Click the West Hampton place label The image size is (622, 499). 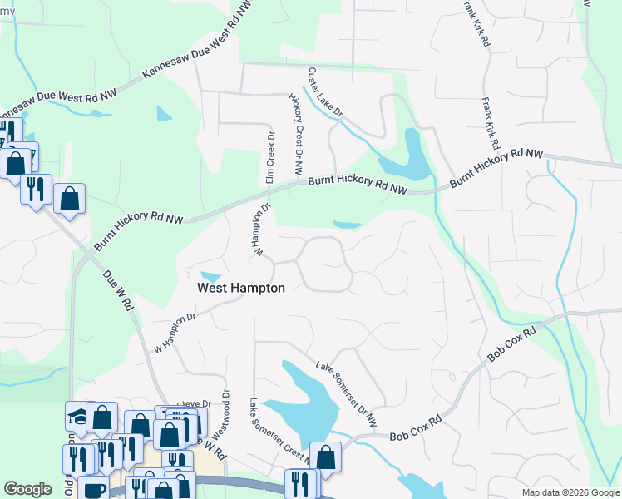point(241,288)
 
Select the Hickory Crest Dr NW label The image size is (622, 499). point(295,135)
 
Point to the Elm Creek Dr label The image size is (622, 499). point(269,157)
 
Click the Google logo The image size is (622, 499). point(27,489)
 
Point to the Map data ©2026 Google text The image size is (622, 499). point(570,492)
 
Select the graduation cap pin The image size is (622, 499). point(77,415)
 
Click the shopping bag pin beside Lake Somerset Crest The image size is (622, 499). point(325,457)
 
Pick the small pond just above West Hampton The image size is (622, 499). point(211,276)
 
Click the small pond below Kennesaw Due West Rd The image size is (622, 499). point(164,113)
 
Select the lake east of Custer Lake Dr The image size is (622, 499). point(415,156)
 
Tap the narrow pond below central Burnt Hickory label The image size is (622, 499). point(348,225)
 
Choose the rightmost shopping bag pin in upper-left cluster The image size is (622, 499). point(70,199)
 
